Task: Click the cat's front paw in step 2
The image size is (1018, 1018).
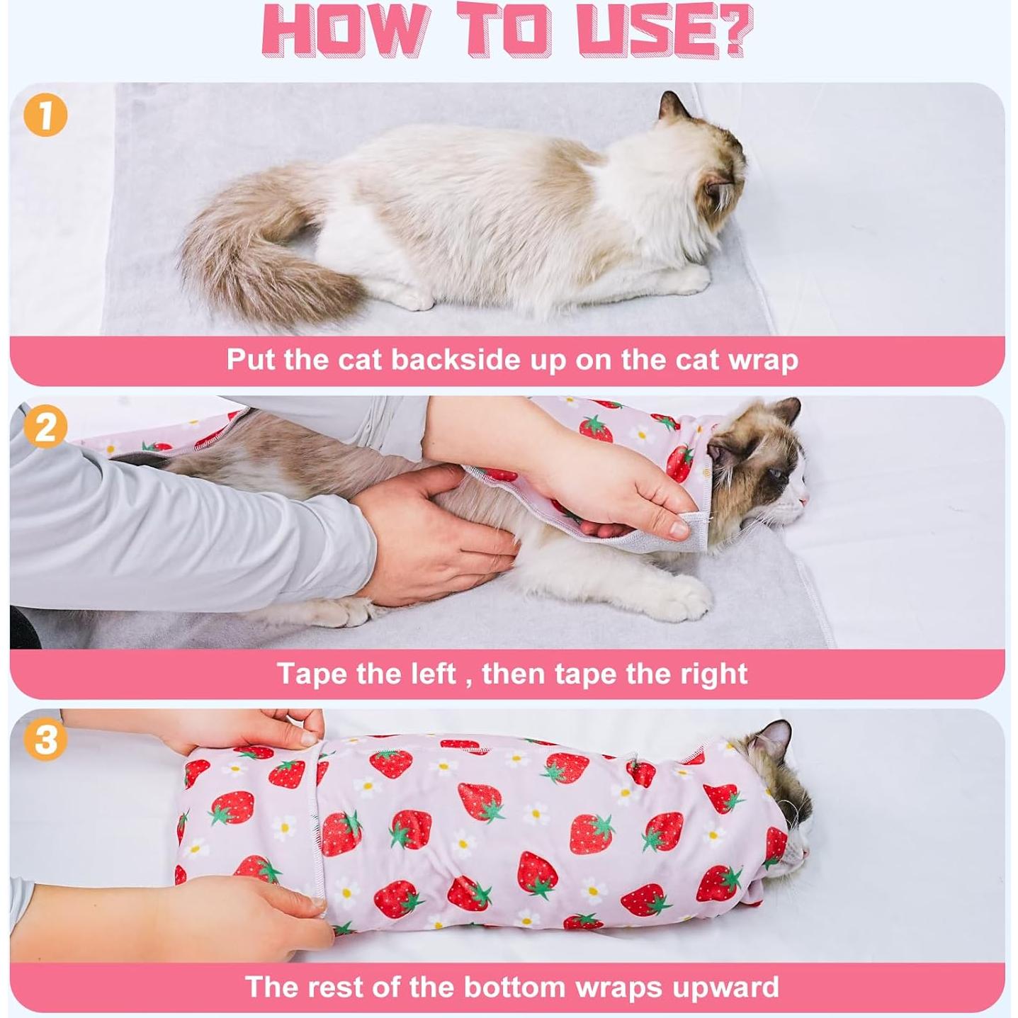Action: [x=686, y=597]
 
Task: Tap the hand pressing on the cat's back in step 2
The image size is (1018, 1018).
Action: [x=433, y=533]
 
